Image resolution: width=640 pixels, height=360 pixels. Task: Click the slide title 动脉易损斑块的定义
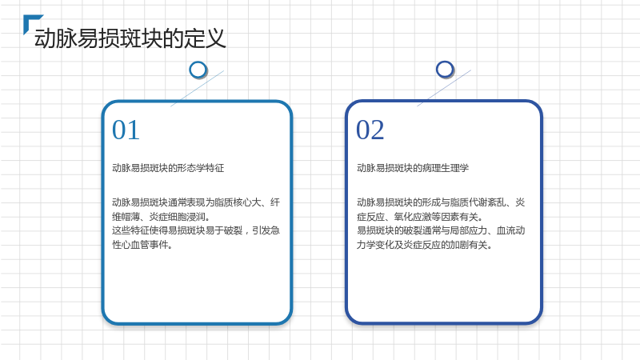pyautogui.click(x=130, y=38)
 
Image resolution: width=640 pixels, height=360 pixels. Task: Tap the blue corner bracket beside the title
pyautogui.click(x=29, y=18)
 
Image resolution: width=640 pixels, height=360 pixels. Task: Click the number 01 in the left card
pyautogui.click(x=126, y=130)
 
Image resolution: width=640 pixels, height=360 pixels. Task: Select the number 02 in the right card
pyautogui.click(x=370, y=130)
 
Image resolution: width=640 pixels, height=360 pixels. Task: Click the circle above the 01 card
pyautogui.click(x=198, y=70)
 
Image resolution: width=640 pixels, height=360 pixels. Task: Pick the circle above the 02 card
pyautogui.click(x=445, y=70)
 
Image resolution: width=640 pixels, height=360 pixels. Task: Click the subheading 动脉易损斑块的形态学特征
pyautogui.click(x=168, y=168)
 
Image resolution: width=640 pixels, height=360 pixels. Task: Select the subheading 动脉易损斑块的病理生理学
pyautogui.click(x=413, y=168)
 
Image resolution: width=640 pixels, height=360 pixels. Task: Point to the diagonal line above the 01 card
pyautogui.click(x=197, y=88)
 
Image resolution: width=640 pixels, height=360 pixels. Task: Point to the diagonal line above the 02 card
pyautogui.click(x=444, y=88)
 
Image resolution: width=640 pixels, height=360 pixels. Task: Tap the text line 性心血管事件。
pyautogui.click(x=143, y=245)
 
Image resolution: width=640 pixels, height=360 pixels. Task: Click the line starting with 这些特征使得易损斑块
pyautogui.click(x=196, y=230)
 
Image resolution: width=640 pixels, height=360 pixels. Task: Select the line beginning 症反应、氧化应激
pyautogui.click(x=420, y=216)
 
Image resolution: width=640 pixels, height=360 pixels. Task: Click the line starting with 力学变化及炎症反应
pyautogui.click(x=425, y=245)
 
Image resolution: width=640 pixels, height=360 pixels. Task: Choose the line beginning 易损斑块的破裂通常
pyautogui.click(x=441, y=230)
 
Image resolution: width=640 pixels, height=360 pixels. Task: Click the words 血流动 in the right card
pyautogui.click(x=510, y=230)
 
